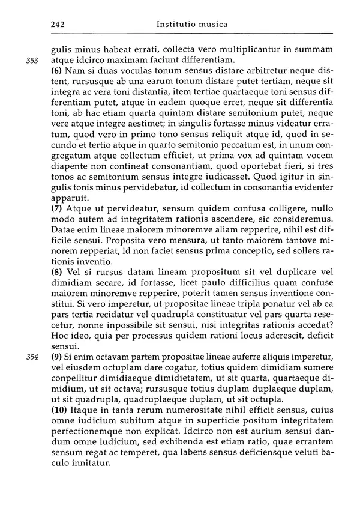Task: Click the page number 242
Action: click(58, 25)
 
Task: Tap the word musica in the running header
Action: click(213, 25)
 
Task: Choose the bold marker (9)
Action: click(58, 357)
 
